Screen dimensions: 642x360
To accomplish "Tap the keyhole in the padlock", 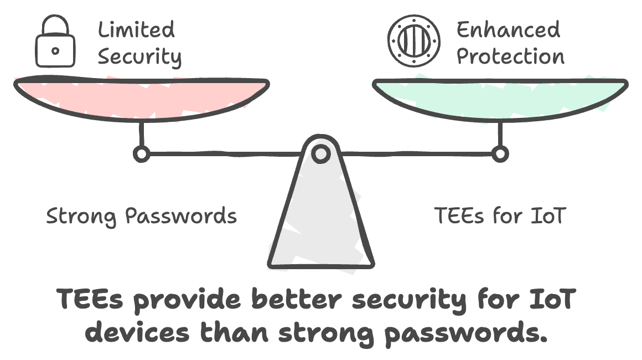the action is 55,51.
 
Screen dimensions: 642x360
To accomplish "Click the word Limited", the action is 136,29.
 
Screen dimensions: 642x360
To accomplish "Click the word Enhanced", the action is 508,29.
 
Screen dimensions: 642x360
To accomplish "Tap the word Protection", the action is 510,56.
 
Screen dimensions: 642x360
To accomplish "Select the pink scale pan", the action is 141,97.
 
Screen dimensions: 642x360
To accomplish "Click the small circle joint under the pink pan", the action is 141,153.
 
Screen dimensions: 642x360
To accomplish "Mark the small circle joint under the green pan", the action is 500,153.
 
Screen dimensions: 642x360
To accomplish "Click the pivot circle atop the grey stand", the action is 320,153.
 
